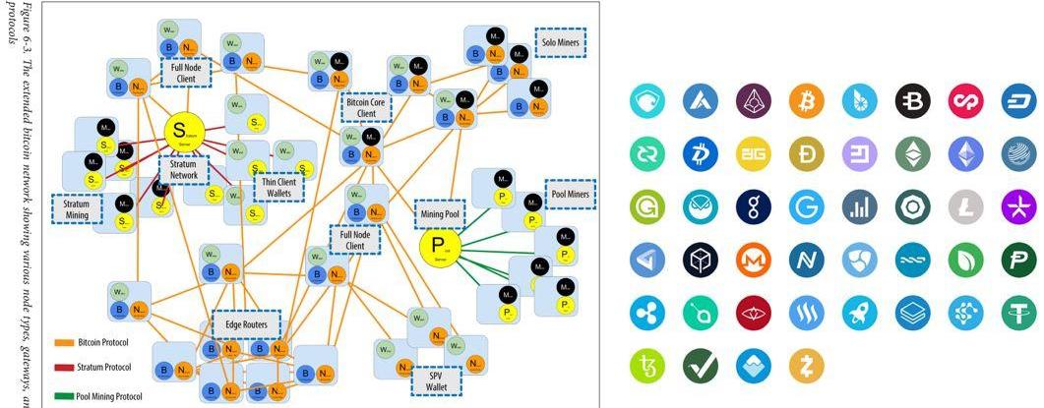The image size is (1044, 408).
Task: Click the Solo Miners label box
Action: pyautogui.click(x=560, y=42)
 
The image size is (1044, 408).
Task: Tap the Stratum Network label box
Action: pyautogui.click(x=184, y=169)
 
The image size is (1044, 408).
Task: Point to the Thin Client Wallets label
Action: pyautogui.click(x=278, y=185)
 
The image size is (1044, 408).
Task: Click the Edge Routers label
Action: pyautogui.click(x=246, y=324)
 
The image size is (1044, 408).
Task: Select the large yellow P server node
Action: pyautogui.click(x=440, y=246)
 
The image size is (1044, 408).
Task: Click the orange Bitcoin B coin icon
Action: pyautogui.click(x=806, y=100)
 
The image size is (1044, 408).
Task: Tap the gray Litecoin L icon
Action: pyautogui.click(x=965, y=206)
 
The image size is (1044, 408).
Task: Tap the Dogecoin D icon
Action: pyautogui.click(x=806, y=153)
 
